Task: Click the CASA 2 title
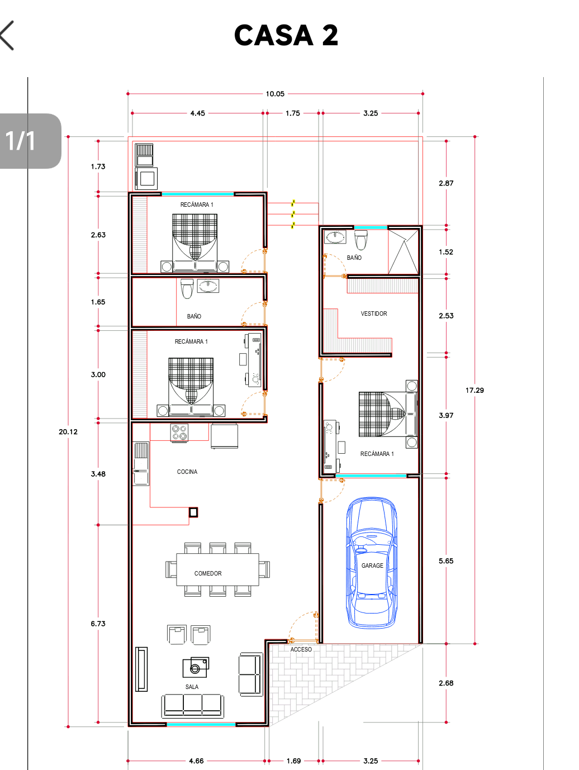(x=286, y=35)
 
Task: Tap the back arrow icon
(x=7, y=35)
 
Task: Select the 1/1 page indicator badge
(x=31, y=141)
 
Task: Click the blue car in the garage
(x=372, y=562)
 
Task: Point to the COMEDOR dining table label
(x=208, y=573)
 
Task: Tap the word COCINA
(x=187, y=472)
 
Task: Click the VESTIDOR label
(x=374, y=313)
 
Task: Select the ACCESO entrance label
(x=301, y=649)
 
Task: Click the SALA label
(x=192, y=687)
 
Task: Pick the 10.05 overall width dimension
(x=275, y=94)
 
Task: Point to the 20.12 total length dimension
(x=68, y=432)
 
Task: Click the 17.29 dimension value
(x=474, y=390)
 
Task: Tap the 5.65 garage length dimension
(x=446, y=561)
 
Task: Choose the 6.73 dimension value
(x=98, y=624)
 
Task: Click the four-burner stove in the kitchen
(x=179, y=432)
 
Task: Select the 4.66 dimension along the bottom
(x=196, y=761)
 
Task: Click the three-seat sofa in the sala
(x=192, y=706)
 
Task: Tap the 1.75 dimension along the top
(x=293, y=113)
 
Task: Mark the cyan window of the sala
(x=201, y=724)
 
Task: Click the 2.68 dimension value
(x=446, y=683)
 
